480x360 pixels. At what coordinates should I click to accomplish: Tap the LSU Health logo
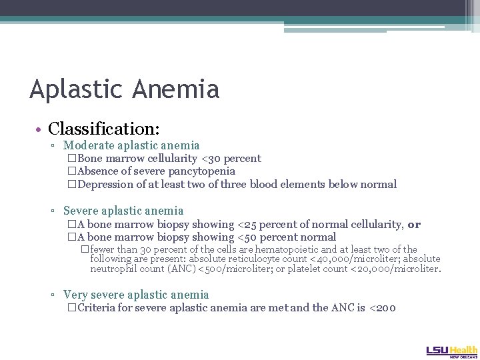(451, 351)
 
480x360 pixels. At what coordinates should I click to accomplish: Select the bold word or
(414, 225)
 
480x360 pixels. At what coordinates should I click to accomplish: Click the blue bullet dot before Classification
(41, 128)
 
